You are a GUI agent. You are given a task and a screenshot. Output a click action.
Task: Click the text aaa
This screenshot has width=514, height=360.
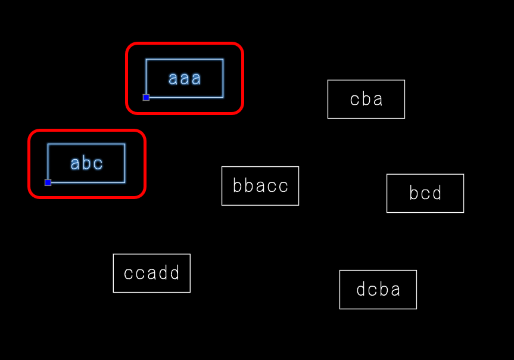pyautogui.click(x=185, y=78)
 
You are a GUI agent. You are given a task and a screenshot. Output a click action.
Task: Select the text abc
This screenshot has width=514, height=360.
pyautogui.click(x=87, y=163)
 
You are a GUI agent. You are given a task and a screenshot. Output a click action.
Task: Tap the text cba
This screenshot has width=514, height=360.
pyautogui.click(x=366, y=99)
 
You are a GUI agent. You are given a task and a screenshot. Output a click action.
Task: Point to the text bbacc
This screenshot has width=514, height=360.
pyautogui.click(x=260, y=186)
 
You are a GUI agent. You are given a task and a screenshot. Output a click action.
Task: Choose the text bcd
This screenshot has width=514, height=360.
pyautogui.click(x=425, y=193)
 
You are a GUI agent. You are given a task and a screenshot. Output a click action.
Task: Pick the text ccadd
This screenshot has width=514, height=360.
pyautogui.click(x=152, y=273)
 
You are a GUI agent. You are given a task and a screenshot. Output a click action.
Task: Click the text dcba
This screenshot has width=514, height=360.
pyautogui.click(x=378, y=290)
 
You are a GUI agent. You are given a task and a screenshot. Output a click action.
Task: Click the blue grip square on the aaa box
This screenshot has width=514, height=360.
pyautogui.click(x=146, y=97)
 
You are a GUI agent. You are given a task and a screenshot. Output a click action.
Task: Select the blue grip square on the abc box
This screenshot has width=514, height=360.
pyautogui.click(x=48, y=182)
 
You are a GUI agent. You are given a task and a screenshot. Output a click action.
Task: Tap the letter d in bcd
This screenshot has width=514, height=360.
pyautogui.click(x=437, y=193)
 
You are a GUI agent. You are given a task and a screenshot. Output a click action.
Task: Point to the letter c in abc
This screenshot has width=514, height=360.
pyautogui.click(x=99, y=163)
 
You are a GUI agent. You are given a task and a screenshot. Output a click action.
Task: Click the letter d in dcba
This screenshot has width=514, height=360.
pyautogui.click(x=360, y=290)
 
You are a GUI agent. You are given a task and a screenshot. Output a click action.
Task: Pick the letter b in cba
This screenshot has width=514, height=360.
pyautogui.click(x=366, y=99)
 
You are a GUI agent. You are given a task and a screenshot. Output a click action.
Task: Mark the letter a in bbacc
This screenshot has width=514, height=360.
pyautogui.click(x=260, y=186)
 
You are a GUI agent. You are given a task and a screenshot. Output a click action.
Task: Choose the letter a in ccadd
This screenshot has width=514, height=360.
pyautogui.click(x=152, y=273)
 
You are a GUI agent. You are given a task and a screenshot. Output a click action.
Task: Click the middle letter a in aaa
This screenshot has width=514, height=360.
pyautogui.click(x=185, y=78)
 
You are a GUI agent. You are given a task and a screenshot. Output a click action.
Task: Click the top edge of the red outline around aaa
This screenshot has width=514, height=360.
pyautogui.click(x=185, y=44)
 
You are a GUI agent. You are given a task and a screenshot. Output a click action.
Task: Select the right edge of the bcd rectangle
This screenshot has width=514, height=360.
pyautogui.click(x=463, y=193)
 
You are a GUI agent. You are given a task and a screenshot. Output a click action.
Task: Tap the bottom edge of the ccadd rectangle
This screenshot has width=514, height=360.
pyautogui.click(x=152, y=292)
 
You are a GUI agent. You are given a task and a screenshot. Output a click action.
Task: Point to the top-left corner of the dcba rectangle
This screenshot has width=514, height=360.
pyautogui.click(x=340, y=271)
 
